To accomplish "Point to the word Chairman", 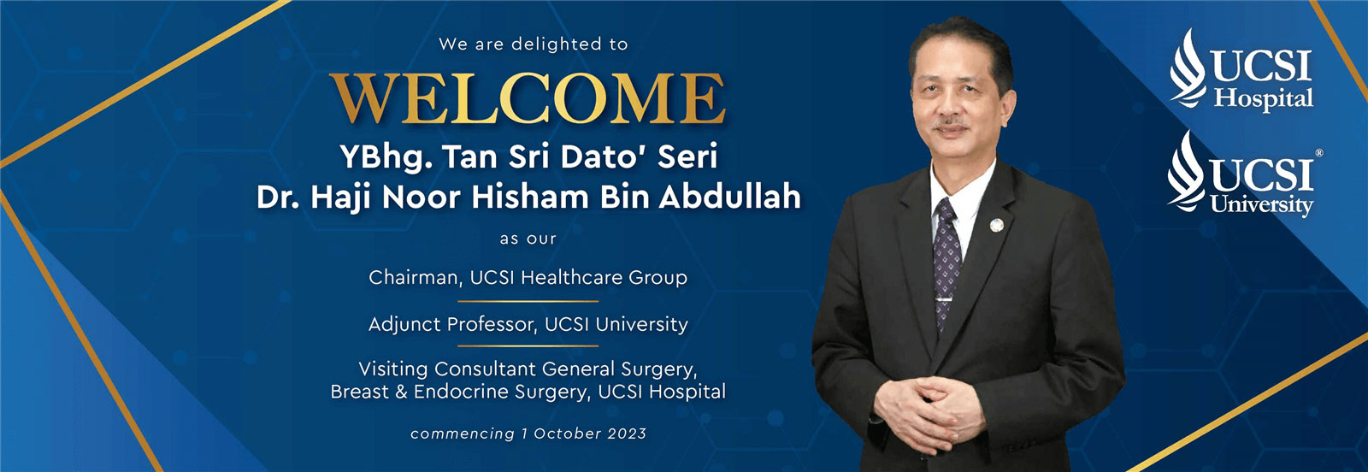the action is click(414, 278).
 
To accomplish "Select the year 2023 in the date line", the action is click(627, 434).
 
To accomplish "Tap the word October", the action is click(568, 434).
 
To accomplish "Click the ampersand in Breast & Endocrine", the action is click(401, 392).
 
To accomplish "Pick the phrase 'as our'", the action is click(528, 239).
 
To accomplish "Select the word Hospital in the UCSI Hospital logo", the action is click(1263, 99).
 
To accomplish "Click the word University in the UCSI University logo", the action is click(1262, 205).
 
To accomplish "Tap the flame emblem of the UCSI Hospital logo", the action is click(1188, 68).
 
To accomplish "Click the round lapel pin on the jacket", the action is click(997, 226).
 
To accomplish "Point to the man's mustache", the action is click(950, 123).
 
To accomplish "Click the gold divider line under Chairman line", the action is click(528, 301).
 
